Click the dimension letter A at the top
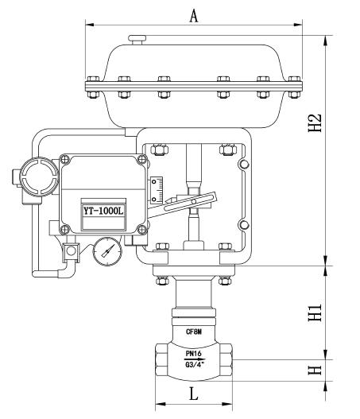(193, 14)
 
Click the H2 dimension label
(315, 122)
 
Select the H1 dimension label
(315, 312)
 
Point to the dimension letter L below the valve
(193, 393)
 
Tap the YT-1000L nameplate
(102, 211)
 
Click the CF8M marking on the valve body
(193, 332)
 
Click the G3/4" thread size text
(195, 365)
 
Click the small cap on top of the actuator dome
(139, 37)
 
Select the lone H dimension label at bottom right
(315, 370)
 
